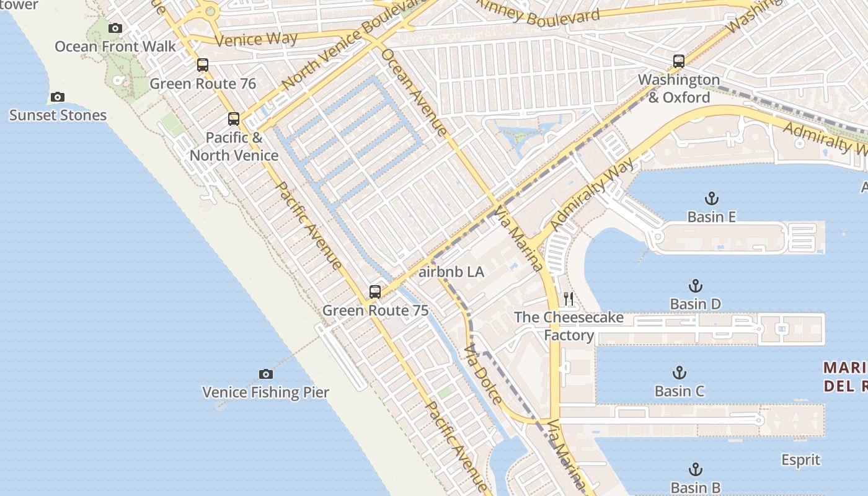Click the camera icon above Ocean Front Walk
tap(115, 28)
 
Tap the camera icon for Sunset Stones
tap(58, 97)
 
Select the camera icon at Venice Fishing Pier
tap(266, 374)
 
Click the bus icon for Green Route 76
tap(203, 65)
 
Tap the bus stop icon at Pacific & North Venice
tap(234, 119)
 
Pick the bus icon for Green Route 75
tap(375, 292)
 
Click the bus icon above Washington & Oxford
tap(679, 61)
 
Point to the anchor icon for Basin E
tap(712, 198)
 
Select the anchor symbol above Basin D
tap(696, 286)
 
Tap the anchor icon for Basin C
tap(680, 373)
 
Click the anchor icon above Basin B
tap(696, 469)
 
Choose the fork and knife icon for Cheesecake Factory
tap(569, 299)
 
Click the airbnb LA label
tap(451, 272)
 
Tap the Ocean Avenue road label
tap(414, 92)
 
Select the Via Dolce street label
tap(483, 374)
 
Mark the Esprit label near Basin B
tap(800, 460)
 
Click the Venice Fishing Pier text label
tap(266, 392)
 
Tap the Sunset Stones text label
tap(58, 115)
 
